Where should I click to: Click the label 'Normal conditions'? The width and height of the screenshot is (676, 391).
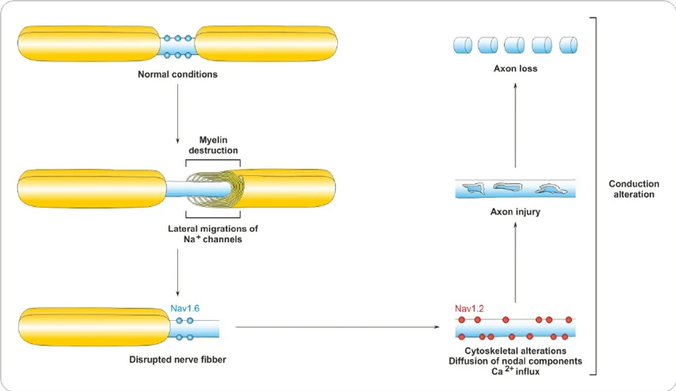coord(177,75)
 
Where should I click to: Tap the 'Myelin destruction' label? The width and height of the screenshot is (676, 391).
coord(213,145)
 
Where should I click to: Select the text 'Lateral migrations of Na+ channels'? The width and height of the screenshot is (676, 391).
coord(213,233)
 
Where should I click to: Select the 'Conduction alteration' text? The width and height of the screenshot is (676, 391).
coord(634,189)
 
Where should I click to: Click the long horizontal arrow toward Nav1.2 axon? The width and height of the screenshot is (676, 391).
coord(338,326)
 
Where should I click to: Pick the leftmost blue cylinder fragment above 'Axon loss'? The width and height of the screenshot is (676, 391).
coord(463,45)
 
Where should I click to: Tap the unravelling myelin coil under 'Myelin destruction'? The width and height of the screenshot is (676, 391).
coord(213,190)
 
